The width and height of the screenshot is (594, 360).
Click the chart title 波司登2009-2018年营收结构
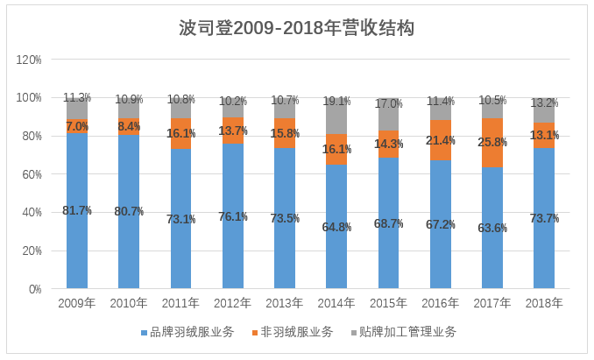point(297,28)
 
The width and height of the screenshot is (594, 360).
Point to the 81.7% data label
point(77,210)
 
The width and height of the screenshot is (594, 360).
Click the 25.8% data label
point(492,142)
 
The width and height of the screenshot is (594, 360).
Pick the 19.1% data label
point(336,101)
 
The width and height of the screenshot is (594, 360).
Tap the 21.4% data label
point(441,140)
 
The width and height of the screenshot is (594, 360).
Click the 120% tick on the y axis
point(30,60)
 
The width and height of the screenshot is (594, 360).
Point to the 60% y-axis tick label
point(32,174)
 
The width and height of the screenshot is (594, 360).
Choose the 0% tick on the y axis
point(35,289)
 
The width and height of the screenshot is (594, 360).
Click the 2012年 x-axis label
point(232,303)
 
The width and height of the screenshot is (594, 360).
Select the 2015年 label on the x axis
point(388,303)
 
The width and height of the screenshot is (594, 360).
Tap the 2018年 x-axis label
point(544,303)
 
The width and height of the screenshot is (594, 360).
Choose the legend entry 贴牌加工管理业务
point(407,332)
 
